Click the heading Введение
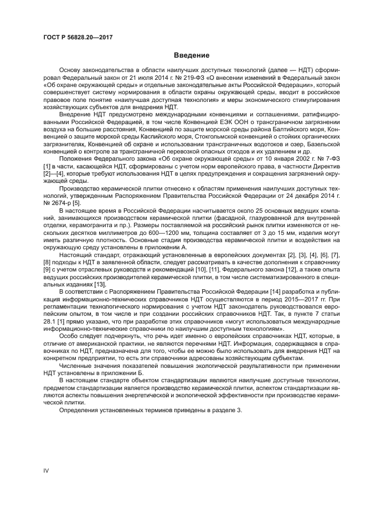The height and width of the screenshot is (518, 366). (x=191, y=55)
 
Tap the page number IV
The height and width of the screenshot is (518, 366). (x=47, y=470)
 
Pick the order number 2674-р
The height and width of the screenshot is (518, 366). (x=59, y=203)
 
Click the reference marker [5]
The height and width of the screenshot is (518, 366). (x=76, y=203)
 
